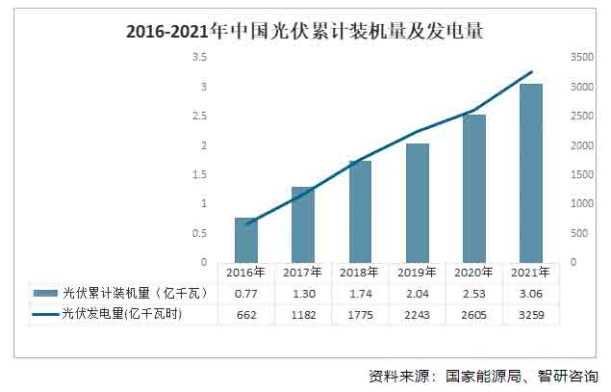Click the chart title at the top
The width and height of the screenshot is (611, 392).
304,31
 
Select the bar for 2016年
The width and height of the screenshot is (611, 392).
246,240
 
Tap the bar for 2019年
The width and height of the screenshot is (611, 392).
418,203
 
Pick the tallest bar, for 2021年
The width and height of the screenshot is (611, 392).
531,173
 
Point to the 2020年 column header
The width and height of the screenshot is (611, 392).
474,273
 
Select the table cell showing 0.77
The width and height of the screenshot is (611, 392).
246,293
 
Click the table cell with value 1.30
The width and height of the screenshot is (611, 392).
303,293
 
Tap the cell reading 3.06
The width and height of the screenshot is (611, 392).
531,293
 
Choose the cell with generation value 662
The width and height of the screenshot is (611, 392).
246,314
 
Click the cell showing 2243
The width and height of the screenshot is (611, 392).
418,314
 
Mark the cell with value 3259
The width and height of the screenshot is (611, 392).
531,314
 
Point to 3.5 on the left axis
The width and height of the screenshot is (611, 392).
200,57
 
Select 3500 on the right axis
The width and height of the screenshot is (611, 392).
581,57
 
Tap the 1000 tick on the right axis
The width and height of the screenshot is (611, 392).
581,203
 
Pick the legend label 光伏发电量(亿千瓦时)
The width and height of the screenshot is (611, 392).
121,314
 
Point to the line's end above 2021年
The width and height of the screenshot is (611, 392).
531,71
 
